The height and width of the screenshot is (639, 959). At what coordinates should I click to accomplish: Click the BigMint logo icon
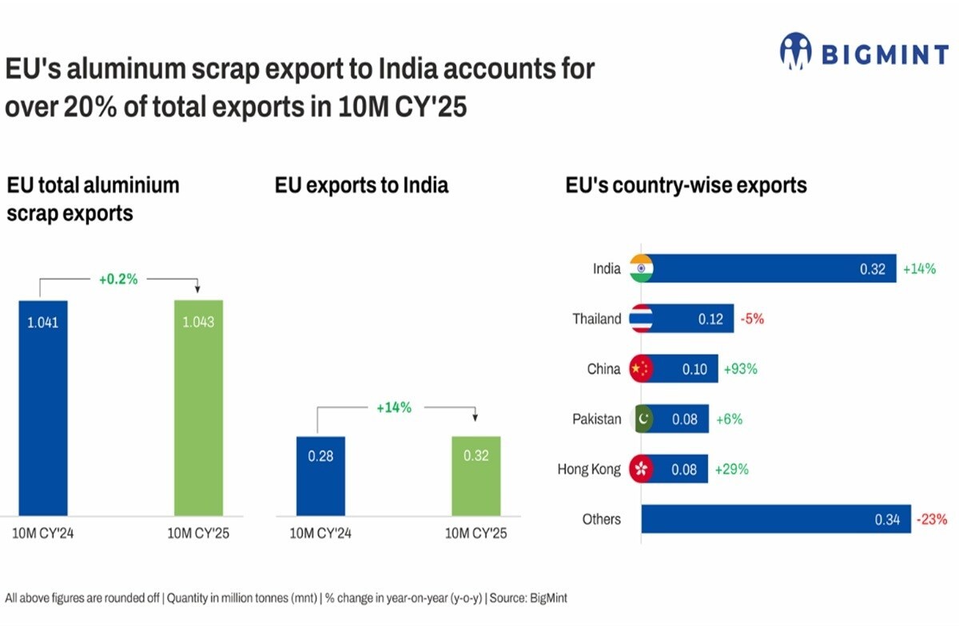click(x=795, y=53)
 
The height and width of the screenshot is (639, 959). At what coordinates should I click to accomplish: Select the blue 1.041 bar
click(x=43, y=407)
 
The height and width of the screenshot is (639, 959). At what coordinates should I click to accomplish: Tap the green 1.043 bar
click(x=198, y=407)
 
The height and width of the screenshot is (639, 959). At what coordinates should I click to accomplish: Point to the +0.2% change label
click(x=118, y=280)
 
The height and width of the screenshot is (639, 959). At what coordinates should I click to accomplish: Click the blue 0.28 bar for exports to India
click(x=320, y=475)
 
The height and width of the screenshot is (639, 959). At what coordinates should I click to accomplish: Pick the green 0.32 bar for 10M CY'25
click(x=476, y=475)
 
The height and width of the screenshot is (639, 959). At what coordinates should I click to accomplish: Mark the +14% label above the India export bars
click(x=394, y=407)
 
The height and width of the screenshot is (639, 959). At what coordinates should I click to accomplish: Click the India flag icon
click(x=641, y=269)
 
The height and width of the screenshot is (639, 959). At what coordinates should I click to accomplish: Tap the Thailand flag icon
click(x=641, y=319)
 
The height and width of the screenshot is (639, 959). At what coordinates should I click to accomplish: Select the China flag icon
click(x=641, y=369)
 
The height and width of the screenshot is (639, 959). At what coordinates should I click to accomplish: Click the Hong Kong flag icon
click(x=641, y=469)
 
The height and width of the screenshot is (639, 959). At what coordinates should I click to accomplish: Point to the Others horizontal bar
click(x=775, y=519)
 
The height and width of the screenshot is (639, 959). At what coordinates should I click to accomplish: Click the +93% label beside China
click(x=740, y=369)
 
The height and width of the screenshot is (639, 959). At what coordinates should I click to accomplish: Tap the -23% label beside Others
click(x=932, y=519)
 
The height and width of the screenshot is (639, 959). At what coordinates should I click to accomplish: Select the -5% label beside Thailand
click(x=752, y=319)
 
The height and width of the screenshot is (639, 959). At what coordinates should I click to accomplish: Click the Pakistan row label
click(x=596, y=419)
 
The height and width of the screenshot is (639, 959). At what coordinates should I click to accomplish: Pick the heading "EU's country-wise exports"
click(x=686, y=186)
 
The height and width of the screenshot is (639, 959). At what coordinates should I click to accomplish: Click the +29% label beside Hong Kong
click(x=731, y=469)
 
